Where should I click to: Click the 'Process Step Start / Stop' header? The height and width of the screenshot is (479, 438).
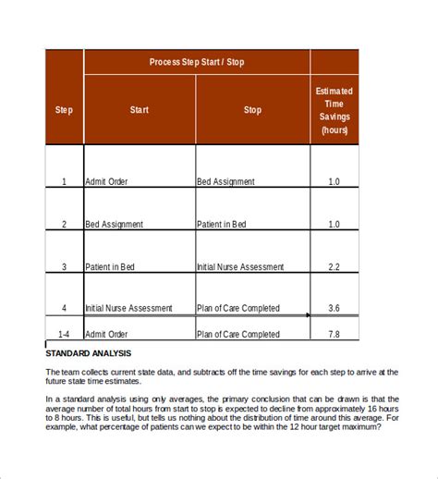pyautogui.click(x=197, y=62)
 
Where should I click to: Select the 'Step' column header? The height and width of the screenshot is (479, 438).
pyautogui.click(x=64, y=110)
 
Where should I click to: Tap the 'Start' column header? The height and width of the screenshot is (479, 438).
pyautogui.click(x=140, y=110)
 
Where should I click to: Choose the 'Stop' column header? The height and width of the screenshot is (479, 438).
pyautogui.click(x=252, y=110)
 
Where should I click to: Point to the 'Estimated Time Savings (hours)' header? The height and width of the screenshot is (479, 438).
pyautogui.click(x=334, y=110)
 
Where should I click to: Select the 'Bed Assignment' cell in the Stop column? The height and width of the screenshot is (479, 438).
pyautogui.click(x=225, y=181)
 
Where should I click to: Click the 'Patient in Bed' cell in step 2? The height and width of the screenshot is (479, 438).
pyautogui.click(x=222, y=224)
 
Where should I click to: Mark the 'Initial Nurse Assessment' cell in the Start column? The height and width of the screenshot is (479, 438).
pyautogui.click(x=128, y=309)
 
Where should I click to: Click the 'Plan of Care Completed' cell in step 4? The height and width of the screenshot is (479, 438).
pyautogui.click(x=237, y=309)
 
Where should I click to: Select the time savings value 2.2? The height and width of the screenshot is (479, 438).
pyautogui.click(x=334, y=266)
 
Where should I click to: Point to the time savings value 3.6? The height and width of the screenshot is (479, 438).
pyautogui.click(x=334, y=309)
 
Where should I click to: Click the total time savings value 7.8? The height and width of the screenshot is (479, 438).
pyautogui.click(x=334, y=335)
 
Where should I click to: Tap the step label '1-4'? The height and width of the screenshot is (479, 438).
pyautogui.click(x=64, y=335)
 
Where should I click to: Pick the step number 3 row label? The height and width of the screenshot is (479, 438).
pyautogui.click(x=64, y=266)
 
